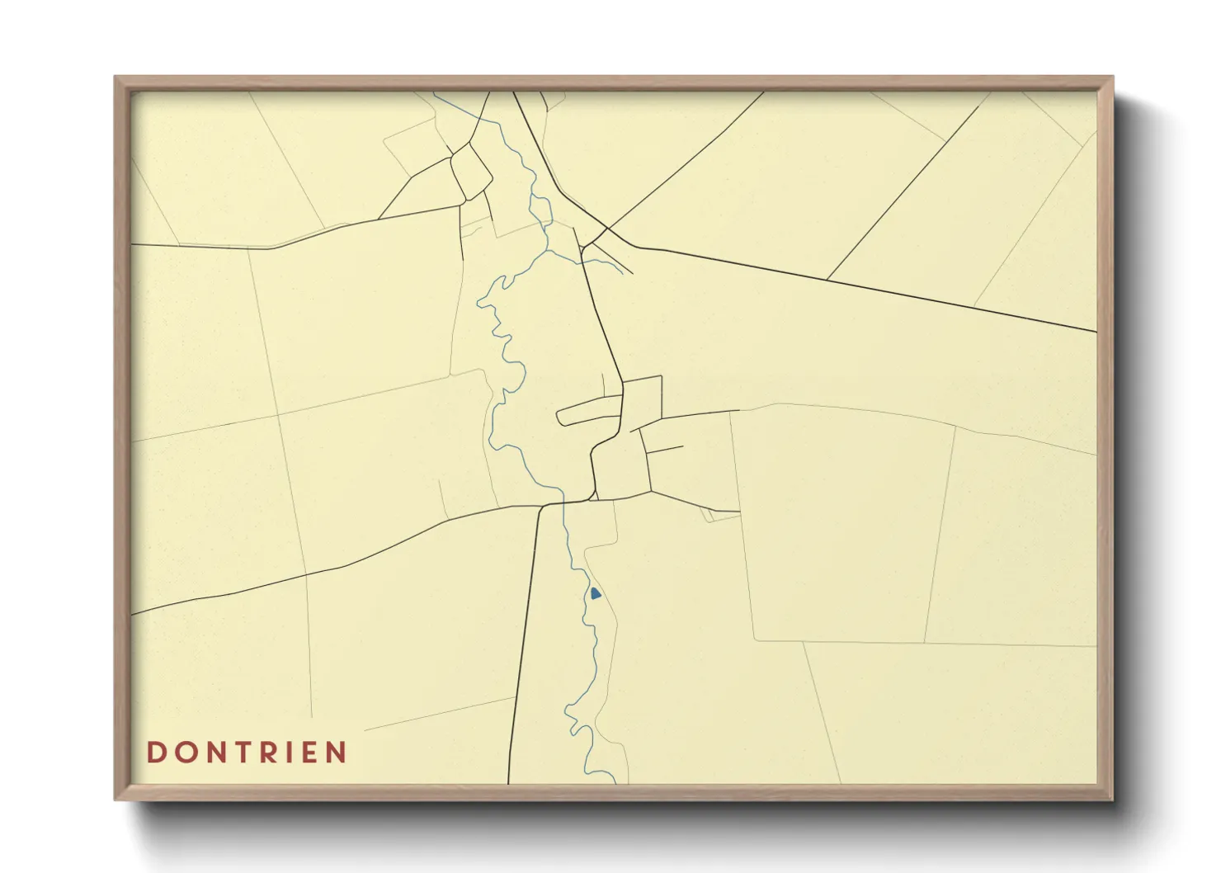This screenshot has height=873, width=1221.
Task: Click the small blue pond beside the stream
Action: point(595,593)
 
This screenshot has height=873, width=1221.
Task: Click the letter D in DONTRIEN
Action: point(155,753)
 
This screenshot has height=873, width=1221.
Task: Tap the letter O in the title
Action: point(186,753)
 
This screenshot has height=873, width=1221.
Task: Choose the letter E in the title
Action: point(314,753)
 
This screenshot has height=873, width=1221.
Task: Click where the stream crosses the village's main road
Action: point(563,502)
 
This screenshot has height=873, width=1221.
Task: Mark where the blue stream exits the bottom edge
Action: point(615,781)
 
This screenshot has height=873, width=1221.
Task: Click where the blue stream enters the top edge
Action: point(435,93)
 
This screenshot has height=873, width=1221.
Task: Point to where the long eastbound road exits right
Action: point(1095,332)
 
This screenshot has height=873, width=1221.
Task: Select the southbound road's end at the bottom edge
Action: point(508,781)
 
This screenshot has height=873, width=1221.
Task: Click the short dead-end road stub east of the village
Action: point(665,450)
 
